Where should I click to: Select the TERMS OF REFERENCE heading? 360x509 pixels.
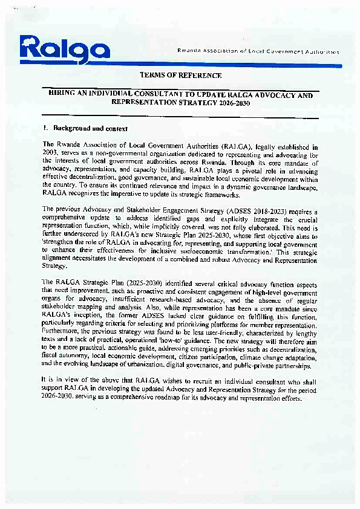tap(180, 76)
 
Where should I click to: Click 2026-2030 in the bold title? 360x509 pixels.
tap(231, 103)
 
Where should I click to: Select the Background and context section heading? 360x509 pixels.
tap(90, 128)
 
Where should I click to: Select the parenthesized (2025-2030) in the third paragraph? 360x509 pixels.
tap(131, 282)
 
